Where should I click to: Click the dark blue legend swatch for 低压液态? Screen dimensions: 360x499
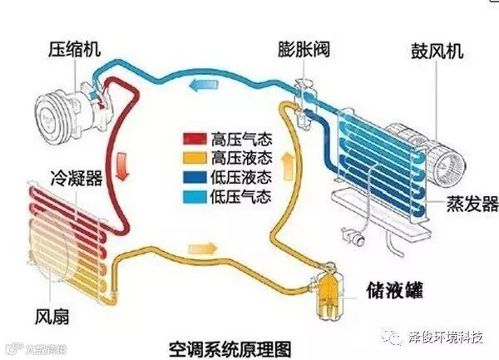coord(195,177)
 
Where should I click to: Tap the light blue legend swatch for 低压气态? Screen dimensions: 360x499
coord(195,196)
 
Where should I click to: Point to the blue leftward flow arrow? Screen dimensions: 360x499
coord(197,85)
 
